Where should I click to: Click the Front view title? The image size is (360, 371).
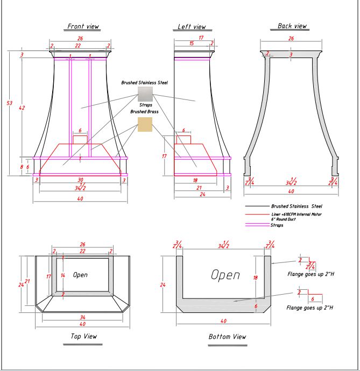83,26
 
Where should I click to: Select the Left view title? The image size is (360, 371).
192,27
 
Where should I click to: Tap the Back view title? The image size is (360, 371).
292,26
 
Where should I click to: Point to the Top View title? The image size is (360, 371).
83,337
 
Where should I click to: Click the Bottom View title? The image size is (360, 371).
227,337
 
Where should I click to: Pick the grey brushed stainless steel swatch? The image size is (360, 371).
145,95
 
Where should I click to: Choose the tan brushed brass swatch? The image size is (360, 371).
145,124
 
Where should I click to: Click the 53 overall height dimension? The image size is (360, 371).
9,103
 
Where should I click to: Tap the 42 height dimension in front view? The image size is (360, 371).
22,108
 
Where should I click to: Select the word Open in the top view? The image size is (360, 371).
80,275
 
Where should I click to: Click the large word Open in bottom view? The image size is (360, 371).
225,275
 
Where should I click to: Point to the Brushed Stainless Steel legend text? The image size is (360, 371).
297,206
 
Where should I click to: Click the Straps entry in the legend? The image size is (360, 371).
277,225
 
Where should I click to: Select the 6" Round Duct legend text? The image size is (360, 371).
285,220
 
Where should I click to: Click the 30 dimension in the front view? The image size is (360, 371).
80,180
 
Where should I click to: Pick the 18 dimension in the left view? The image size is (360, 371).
195,181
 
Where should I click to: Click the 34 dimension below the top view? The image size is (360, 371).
82,317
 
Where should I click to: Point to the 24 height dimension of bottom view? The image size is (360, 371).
163,285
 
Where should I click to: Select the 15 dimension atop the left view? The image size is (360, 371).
192,43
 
